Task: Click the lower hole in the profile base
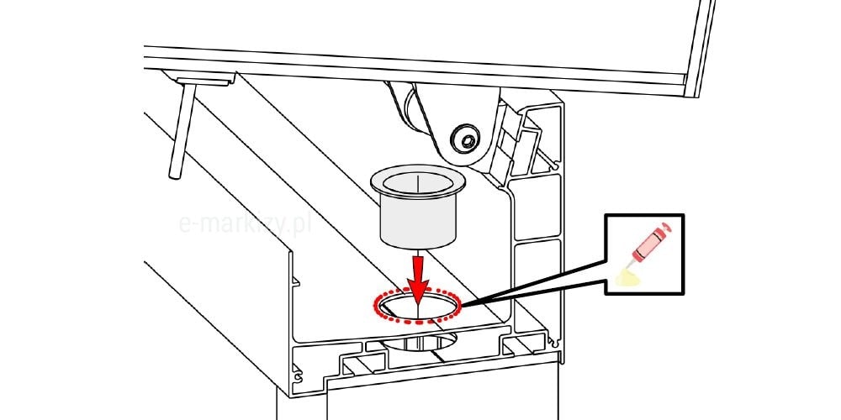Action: [x=418, y=342]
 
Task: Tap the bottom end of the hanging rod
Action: [x=174, y=176]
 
